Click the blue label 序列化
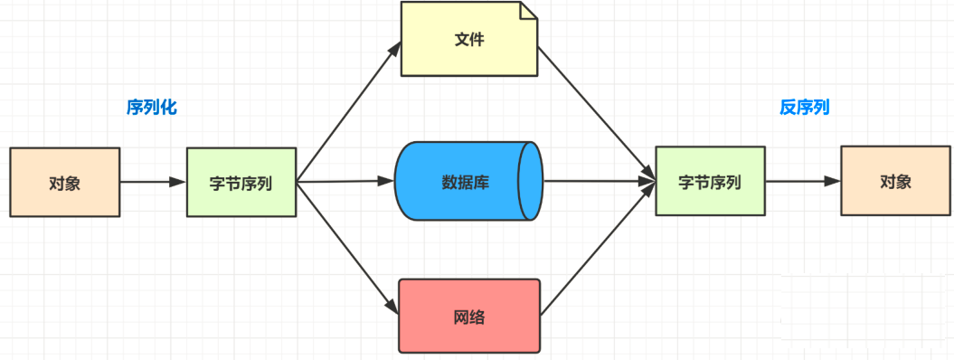coord(152,108)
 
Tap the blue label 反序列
coord(804,108)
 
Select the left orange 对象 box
coord(64,183)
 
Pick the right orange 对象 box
coord(895,181)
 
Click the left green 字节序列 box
coord(241,183)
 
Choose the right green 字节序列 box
coord(710,182)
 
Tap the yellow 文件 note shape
coord(468,41)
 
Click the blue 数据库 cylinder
coord(461,181)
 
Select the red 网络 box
coord(468,316)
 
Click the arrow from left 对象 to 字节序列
coord(152,182)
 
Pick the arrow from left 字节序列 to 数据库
coord(345,182)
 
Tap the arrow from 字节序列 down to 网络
coord(348,246)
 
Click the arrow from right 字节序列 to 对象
coord(803,181)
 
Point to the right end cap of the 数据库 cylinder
coord(531,181)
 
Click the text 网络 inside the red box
coord(468,317)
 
